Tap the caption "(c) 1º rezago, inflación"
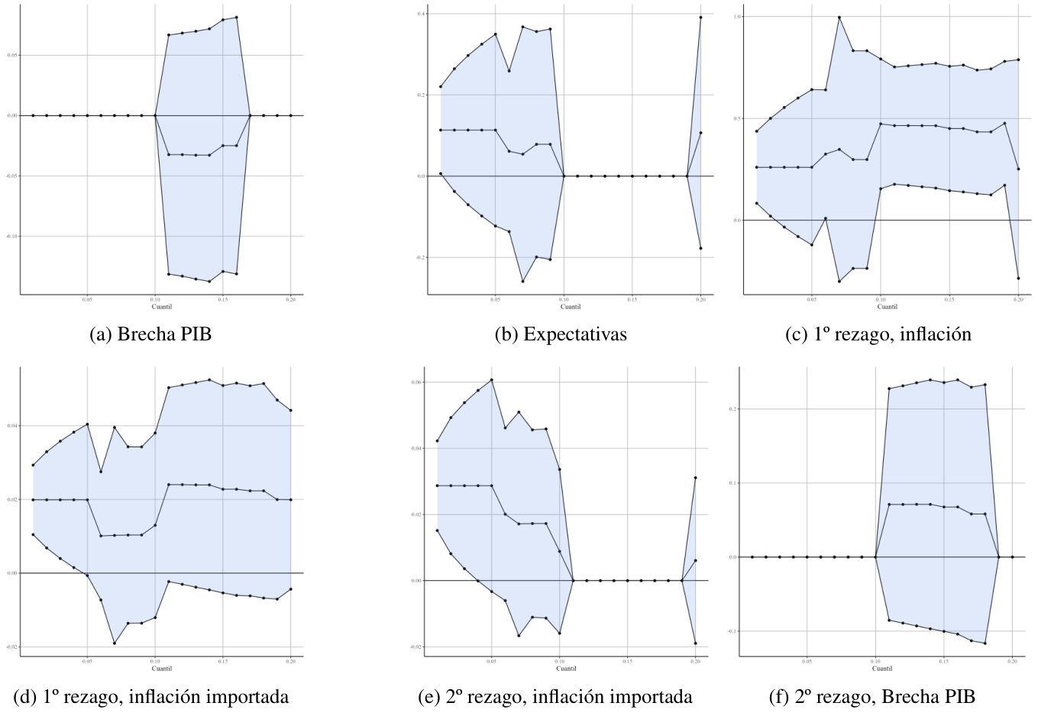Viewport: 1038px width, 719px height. pos(878,334)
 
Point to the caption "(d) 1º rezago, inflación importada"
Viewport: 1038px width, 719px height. pos(151,696)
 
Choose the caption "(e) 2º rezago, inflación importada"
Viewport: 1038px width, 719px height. pos(556,696)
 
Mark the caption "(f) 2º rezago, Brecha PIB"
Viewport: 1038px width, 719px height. pos(872,696)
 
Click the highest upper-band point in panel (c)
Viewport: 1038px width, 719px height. pos(839,18)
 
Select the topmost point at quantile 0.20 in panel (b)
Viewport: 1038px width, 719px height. pos(700,18)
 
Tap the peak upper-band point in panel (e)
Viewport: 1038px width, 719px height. pos(492,380)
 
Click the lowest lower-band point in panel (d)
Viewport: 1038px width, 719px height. pos(115,643)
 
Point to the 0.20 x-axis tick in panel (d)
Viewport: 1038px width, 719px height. pos(290,662)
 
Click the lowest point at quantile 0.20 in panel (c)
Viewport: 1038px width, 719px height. pos(1018,279)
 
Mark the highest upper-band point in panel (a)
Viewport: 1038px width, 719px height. pos(237,18)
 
